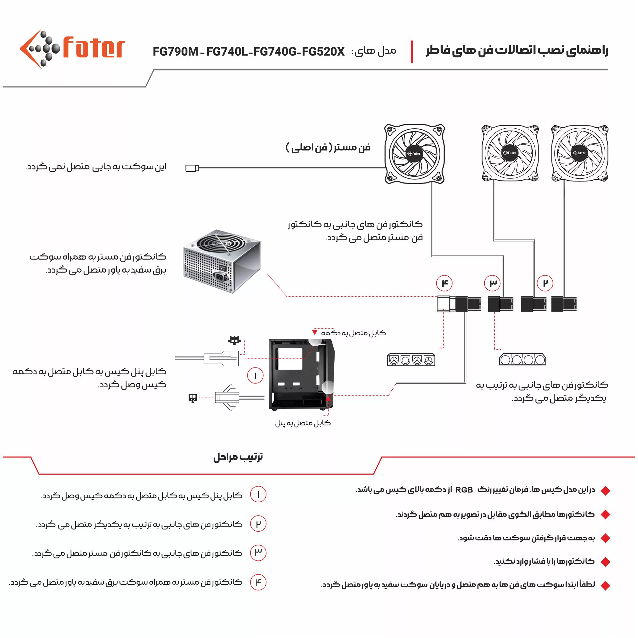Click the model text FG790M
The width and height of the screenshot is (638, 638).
(175, 52)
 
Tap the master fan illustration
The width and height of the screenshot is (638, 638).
(414, 154)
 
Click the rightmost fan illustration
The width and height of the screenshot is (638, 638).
(580, 153)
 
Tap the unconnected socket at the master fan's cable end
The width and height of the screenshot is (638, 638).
(192, 168)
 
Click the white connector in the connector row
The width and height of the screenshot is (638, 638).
(444, 303)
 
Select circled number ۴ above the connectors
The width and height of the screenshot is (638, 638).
(444, 283)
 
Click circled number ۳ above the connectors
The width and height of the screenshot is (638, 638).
(492, 283)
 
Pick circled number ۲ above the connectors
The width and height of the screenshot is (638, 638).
(545, 283)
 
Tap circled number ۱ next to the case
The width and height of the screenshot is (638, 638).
(255, 375)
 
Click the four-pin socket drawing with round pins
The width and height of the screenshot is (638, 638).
(411, 360)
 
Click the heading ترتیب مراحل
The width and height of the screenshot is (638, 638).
(238, 457)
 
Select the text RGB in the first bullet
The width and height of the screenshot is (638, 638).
(464, 490)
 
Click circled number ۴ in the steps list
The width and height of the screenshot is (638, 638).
(258, 582)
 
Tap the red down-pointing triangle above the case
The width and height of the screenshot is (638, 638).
(315, 332)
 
